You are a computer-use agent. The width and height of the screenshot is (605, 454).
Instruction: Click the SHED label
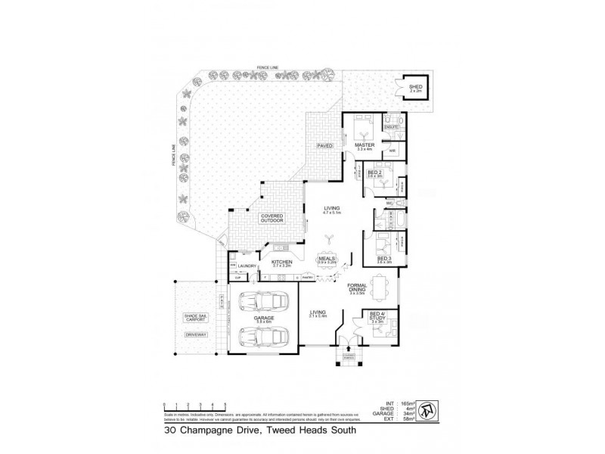tap(416, 87)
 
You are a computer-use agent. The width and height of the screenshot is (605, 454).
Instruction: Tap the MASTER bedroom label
tap(366, 145)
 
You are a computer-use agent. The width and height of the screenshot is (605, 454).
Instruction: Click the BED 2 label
tap(374, 173)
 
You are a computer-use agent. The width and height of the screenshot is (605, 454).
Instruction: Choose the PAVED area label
tap(324, 145)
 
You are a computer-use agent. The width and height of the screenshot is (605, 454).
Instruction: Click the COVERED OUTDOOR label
tap(271, 218)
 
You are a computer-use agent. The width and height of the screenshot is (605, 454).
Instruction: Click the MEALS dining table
tap(327, 260)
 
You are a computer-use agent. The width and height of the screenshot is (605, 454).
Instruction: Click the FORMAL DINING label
tap(358, 290)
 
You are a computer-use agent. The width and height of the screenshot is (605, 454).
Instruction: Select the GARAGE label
tap(262, 319)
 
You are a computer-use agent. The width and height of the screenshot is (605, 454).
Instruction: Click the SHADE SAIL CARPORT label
tap(196, 319)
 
